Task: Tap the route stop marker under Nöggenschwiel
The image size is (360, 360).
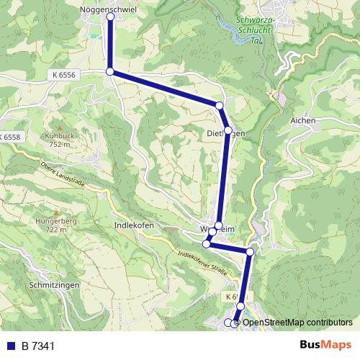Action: point(109,19)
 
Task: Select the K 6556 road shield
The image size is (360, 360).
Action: point(63,75)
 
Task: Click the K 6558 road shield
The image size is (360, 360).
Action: point(10,137)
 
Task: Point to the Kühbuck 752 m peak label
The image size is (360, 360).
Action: point(58,139)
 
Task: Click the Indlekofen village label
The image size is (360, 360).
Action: point(135,225)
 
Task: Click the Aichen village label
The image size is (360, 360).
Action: point(303,120)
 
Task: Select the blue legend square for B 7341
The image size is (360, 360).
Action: point(10,346)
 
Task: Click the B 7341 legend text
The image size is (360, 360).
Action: point(38,346)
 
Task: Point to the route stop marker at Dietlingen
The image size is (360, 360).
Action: point(228,130)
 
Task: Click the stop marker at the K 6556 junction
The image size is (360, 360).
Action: point(109,71)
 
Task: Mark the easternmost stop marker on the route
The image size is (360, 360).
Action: point(250,252)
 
